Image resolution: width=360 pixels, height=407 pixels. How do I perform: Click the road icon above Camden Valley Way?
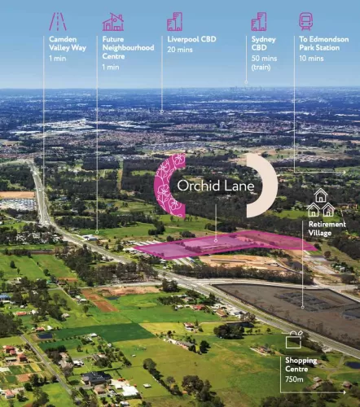[x=58, y=21]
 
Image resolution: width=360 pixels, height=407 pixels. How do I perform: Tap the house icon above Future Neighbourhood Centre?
[x=113, y=22]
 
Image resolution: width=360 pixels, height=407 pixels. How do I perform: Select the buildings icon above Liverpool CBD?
[x=174, y=21]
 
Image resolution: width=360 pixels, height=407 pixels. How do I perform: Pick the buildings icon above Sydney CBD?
[x=259, y=21]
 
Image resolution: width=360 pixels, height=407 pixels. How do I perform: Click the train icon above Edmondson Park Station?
[x=306, y=21]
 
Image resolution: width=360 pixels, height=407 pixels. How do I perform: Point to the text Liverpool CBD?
[x=191, y=39]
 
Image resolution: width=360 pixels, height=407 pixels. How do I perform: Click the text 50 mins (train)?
[x=264, y=63]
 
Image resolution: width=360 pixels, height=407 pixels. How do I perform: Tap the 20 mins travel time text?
[x=180, y=50]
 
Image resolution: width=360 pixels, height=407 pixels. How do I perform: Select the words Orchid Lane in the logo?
[x=216, y=186]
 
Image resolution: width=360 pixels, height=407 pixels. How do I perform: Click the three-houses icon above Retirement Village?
[x=321, y=203]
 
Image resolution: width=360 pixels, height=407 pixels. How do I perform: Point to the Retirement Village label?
[x=327, y=229]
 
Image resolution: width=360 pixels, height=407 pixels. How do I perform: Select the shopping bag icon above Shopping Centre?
[x=294, y=339]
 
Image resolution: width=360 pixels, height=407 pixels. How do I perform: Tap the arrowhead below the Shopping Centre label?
[x=345, y=392]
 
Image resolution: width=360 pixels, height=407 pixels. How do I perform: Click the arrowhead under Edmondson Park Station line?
[x=345, y=172]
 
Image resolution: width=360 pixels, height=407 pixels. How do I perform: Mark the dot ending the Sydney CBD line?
[x=246, y=82]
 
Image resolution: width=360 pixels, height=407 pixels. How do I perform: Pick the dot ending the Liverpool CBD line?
[x=162, y=112]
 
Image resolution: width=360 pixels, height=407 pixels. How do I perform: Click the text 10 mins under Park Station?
[x=311, y=59]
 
